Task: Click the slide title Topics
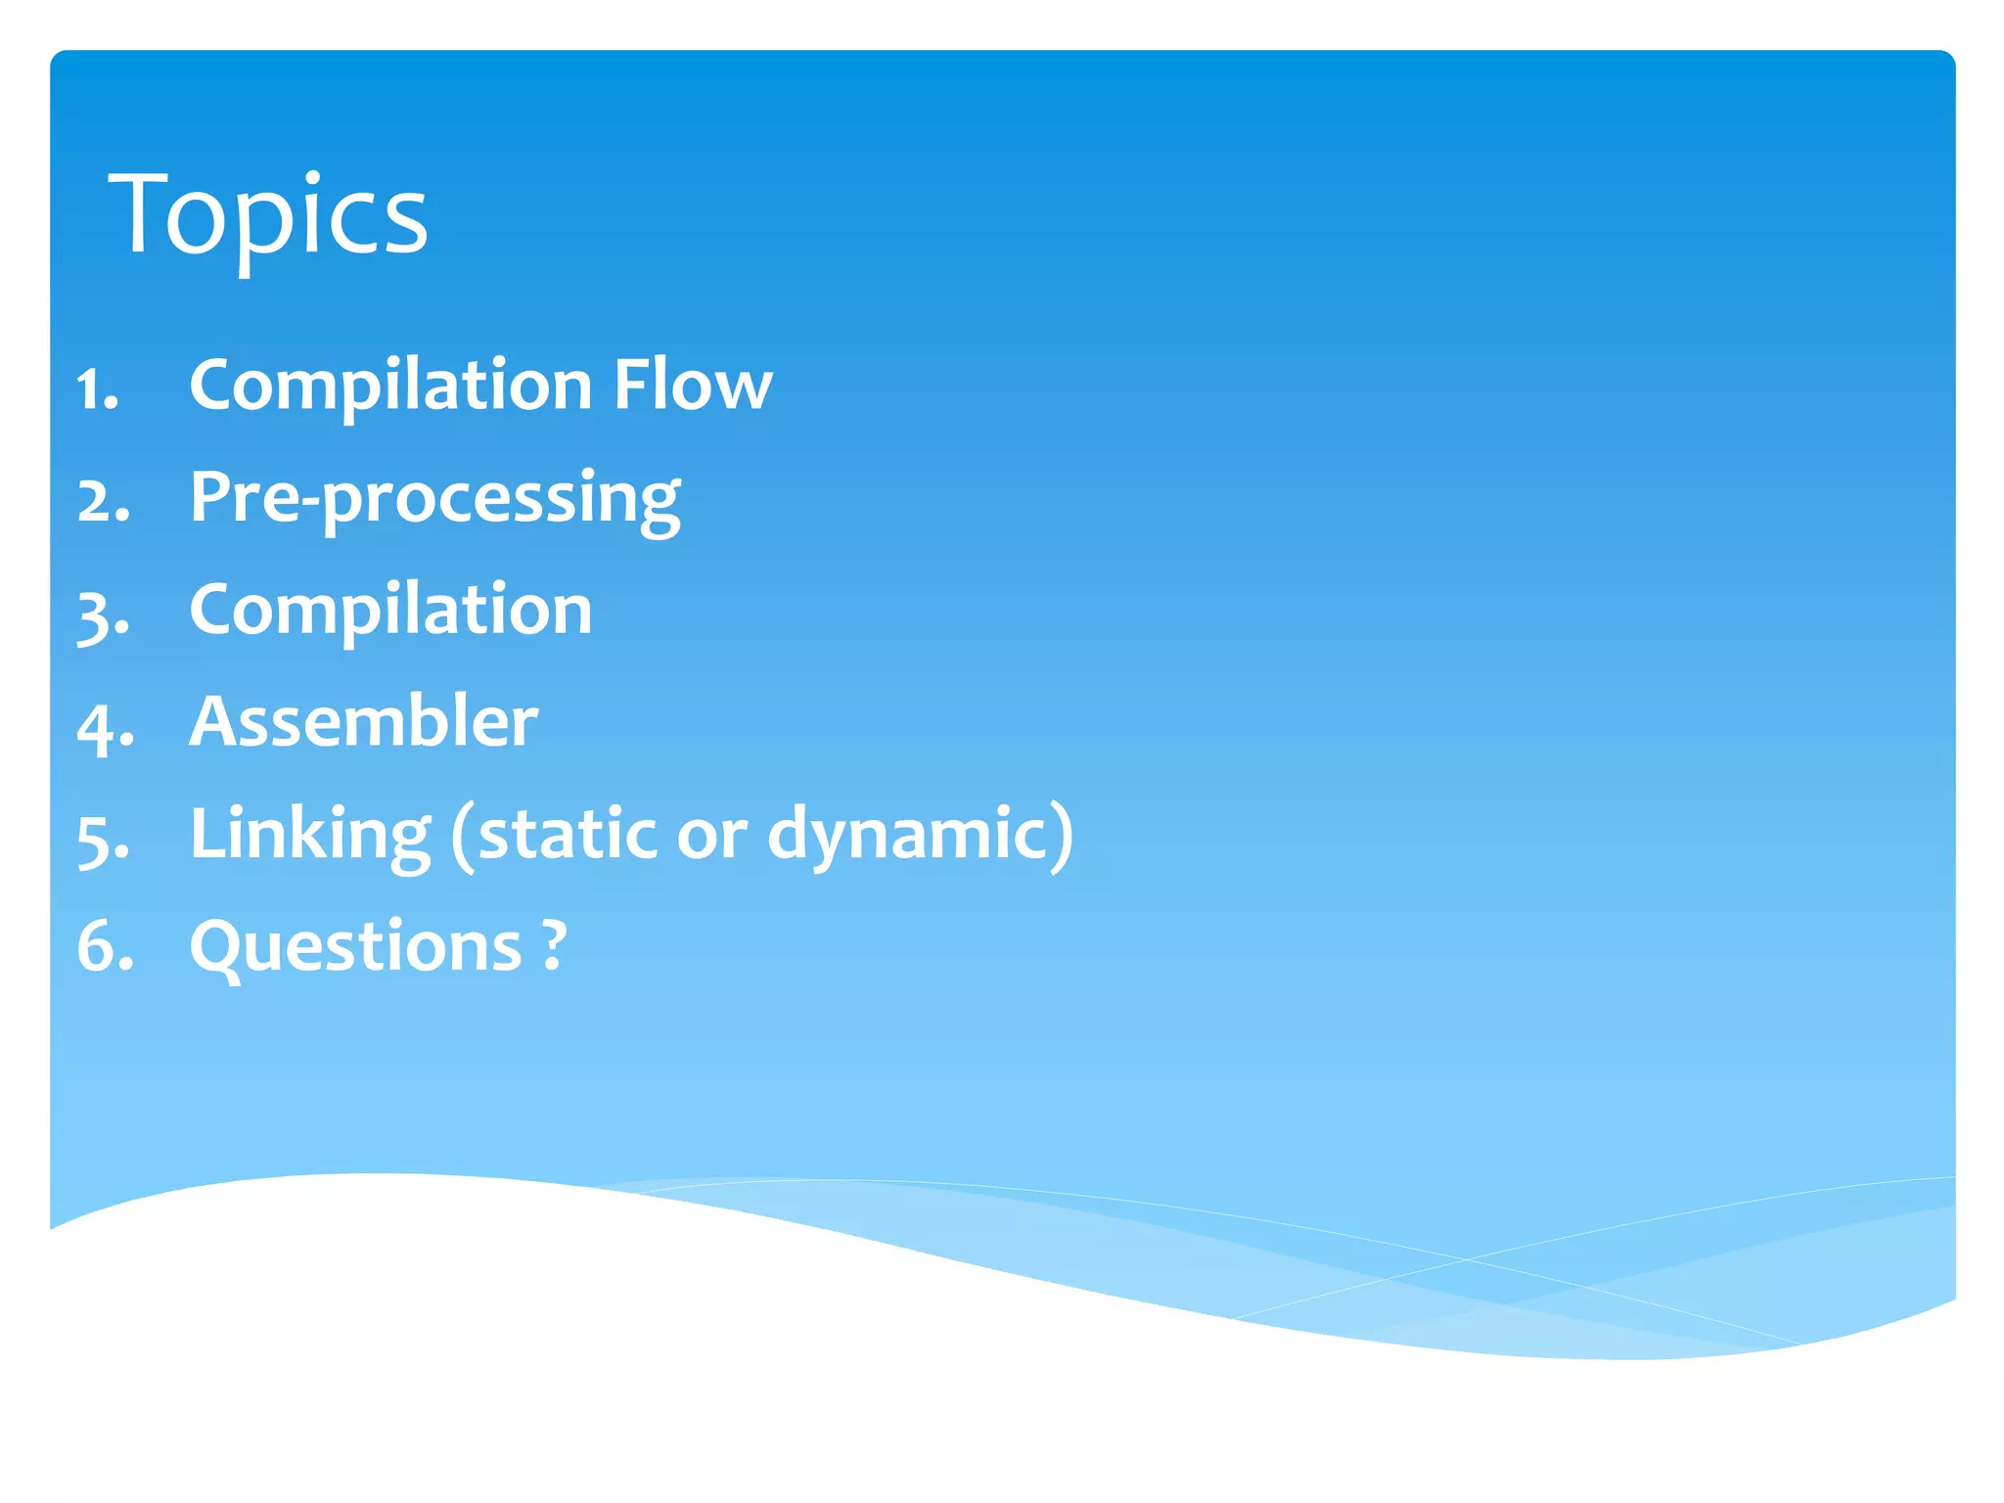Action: [x=268, y=214]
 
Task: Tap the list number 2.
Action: [x=102, y=502]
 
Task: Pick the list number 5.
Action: [x=102, y=840]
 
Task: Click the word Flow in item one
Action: [x=693, y=385]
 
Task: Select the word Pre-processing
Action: [x=434, y=500]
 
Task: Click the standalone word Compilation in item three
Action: [x=390, y=611]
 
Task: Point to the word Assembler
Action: [x=363, y=722]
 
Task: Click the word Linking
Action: [x=310, y=835]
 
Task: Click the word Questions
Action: [x=355, y=947]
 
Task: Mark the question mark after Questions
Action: [x=554, y=945]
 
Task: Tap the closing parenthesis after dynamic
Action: [x=1064, y=835]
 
